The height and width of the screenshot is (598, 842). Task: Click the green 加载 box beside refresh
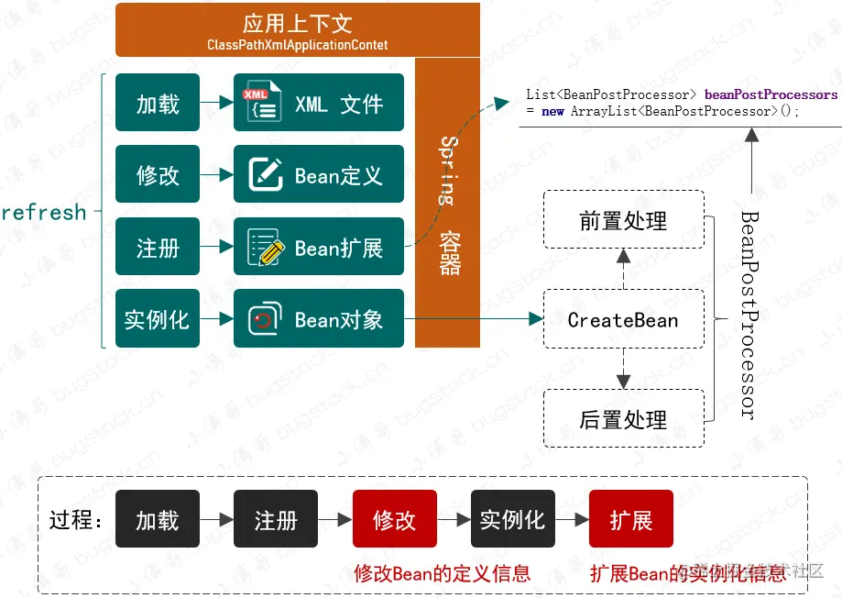[158, 104]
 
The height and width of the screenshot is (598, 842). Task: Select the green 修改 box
[158, 174]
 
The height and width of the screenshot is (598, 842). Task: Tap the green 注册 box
[158, 247]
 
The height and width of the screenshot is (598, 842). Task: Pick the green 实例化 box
[158, 318]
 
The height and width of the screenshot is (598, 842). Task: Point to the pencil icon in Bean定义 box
[266, 174]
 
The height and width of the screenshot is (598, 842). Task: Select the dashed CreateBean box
[623, 319]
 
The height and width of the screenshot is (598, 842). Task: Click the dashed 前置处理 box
[623, 220]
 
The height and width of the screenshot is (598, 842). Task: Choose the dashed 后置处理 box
[623, 419]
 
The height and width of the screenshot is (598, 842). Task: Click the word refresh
[44, 213]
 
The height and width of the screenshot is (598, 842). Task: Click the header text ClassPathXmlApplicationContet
[297, 44]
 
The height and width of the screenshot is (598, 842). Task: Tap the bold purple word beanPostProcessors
[771, 94]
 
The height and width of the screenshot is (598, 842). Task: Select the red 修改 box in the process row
[394, 519]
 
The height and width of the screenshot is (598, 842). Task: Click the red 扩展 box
[631, 519]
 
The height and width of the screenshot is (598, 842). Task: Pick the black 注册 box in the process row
[276, 519]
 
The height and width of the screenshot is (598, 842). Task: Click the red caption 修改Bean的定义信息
[442, 573]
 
